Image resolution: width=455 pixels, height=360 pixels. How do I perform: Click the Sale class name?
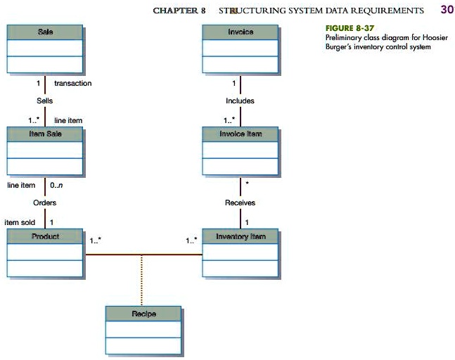pos(45,32)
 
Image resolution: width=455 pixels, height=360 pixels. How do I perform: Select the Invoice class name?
pos(241,32)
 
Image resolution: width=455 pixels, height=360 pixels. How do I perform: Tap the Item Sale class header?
pos(45,134)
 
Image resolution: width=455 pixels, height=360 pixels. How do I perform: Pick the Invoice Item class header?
pos(241,134)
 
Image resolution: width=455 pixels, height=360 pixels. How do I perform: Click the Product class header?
pos(45,236)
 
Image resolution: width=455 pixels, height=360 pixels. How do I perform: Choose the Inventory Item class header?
pos(241,236)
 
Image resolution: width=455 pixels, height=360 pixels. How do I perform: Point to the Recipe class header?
pos(143,313)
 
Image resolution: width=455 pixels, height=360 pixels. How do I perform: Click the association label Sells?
pos(45,101)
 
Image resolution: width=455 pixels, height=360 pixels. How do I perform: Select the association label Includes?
pos(240,101)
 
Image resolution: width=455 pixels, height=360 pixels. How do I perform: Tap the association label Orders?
pos(44,202)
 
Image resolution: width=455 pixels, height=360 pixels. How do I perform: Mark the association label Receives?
pos(240,202)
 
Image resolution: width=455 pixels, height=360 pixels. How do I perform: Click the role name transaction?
pos(72,84)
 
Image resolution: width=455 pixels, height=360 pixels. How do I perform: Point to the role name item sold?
pos(20,222)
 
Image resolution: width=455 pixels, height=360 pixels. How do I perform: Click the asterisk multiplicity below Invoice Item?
pos(247,184)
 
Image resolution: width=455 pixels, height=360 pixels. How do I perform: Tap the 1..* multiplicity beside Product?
pos(96,240)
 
